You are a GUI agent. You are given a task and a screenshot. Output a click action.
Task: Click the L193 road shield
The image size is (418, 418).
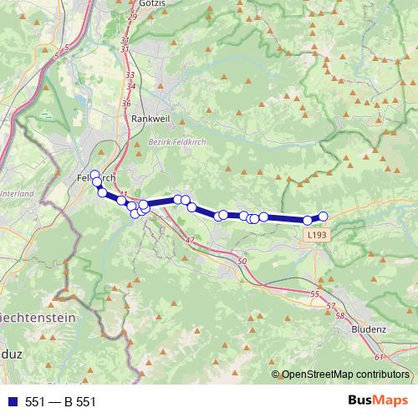(313, 237)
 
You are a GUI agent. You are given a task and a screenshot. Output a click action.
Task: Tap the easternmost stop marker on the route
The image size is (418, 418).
(324, 217)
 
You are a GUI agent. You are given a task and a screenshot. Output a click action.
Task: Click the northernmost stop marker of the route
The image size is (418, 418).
(94, 175)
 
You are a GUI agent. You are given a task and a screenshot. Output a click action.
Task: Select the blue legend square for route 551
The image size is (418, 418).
(11, 402)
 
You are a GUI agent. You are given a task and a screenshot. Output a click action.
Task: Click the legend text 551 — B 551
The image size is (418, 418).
(61, 402)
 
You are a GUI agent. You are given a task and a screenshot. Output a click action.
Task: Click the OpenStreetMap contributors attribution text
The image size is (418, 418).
(346, 374)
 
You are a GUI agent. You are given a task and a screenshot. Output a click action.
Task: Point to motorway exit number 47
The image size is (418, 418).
(190, 241)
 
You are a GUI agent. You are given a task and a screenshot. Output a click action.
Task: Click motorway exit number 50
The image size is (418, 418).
(242, 263)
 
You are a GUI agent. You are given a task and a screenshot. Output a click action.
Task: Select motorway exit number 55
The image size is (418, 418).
(314, 294)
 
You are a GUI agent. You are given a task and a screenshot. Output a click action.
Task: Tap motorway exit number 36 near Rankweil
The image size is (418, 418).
(126, 103)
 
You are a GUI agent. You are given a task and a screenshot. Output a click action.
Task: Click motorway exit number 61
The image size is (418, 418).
(379, 357)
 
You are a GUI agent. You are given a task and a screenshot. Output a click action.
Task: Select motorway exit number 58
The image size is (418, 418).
(339, 316)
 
